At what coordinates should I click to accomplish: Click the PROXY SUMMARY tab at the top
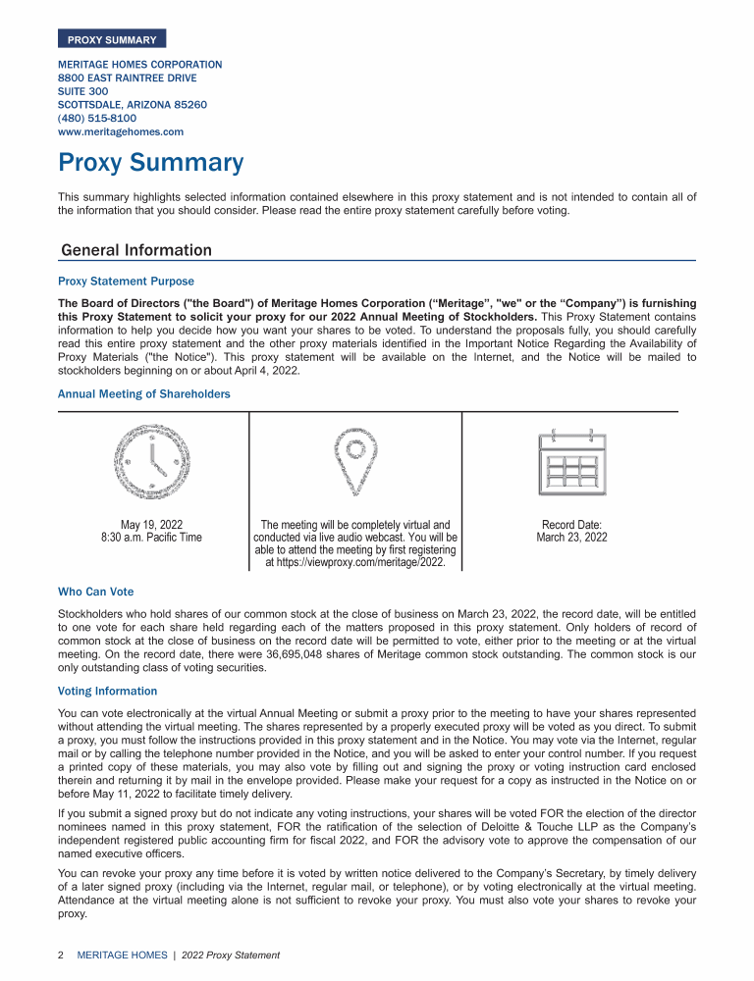click(112, 39)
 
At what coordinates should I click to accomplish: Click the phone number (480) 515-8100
click(97, 118)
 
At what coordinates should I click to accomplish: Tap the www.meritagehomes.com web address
click(121, 131)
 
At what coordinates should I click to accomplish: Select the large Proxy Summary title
click(150, 163)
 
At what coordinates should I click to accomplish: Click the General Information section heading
click(136, 250)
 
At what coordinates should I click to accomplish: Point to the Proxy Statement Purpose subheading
click(127, 282)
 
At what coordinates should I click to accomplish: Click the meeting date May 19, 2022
click(151, 525)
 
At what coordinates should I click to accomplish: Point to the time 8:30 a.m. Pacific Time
click(151, 538)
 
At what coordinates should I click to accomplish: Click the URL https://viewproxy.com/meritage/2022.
click(355, 563)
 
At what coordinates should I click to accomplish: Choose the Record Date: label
click(571, 525)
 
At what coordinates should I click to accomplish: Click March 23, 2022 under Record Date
click(571, 538)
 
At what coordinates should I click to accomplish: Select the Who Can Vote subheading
click(96, 592)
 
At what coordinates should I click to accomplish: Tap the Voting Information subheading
click(108, 691)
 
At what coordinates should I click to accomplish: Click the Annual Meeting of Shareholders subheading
click(144, 394)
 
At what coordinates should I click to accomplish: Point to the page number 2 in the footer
click(61, 955)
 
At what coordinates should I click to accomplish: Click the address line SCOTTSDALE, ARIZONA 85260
click(133, 104)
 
